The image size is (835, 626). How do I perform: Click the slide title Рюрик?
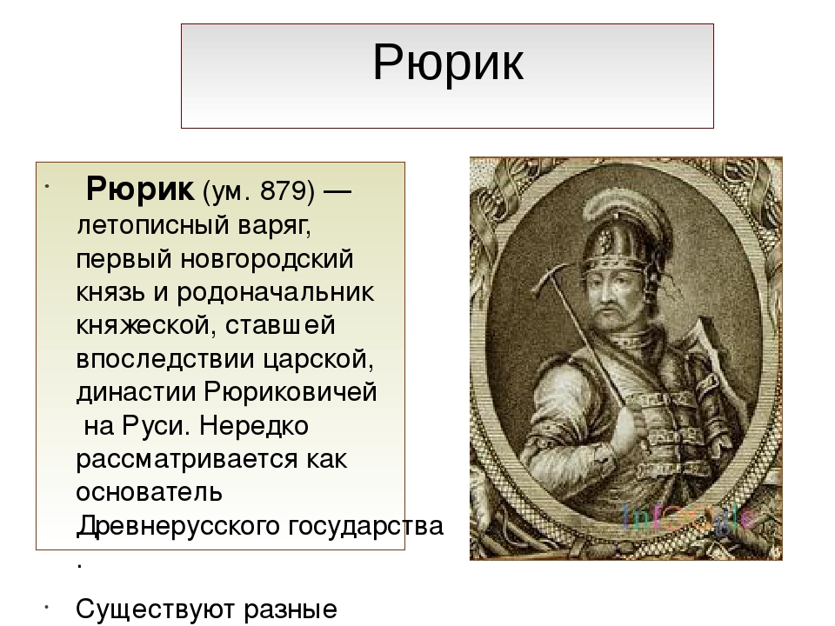(448, 63)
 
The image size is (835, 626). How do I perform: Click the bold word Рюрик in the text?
(140, 189)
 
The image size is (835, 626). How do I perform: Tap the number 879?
(281, 190)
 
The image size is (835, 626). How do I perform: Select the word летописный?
(153, 226)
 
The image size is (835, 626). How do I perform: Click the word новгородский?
(267, 259)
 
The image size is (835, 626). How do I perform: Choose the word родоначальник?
(276, 293)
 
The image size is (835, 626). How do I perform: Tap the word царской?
(318, 359)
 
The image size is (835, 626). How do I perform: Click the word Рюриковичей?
(291, 392)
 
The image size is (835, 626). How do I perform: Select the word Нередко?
(253, 426)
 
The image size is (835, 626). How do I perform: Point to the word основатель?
(149, 492)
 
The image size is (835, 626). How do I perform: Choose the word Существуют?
(157, 609)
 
